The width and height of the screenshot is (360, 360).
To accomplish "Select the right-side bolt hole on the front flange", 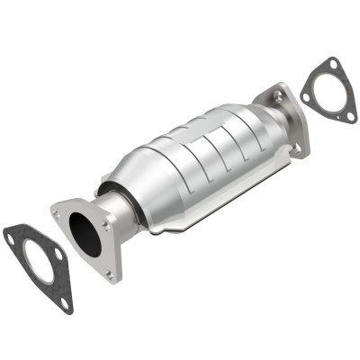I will point(109,226).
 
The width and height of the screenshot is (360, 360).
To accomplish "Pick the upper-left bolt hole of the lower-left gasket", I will point(11,238).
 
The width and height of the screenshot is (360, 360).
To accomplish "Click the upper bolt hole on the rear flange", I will point(276,94).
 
